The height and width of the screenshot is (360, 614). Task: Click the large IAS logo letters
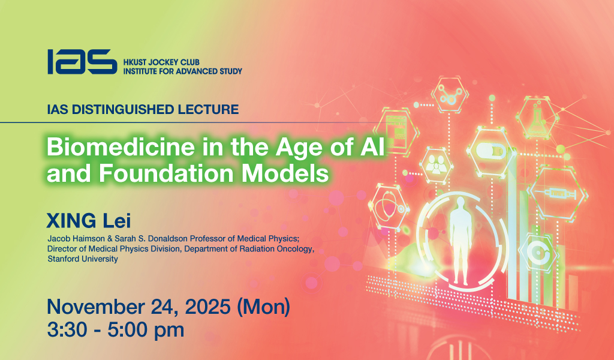(82, 62)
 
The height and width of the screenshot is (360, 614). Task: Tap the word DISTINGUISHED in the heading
(124, 109)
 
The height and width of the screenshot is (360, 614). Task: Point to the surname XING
(71, 220)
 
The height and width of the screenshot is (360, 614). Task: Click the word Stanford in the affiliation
(62, 259)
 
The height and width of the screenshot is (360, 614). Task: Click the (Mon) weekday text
(264, 307)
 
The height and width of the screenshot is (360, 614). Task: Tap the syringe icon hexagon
(557, 193)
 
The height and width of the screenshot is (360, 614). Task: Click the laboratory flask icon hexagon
(537, 118)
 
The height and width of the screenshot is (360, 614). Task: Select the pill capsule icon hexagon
(492, 151)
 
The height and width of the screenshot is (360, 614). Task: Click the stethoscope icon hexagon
(388, 206)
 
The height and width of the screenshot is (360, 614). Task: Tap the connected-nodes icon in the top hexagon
(449, 95)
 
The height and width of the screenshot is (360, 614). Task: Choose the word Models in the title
(285, 173)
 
